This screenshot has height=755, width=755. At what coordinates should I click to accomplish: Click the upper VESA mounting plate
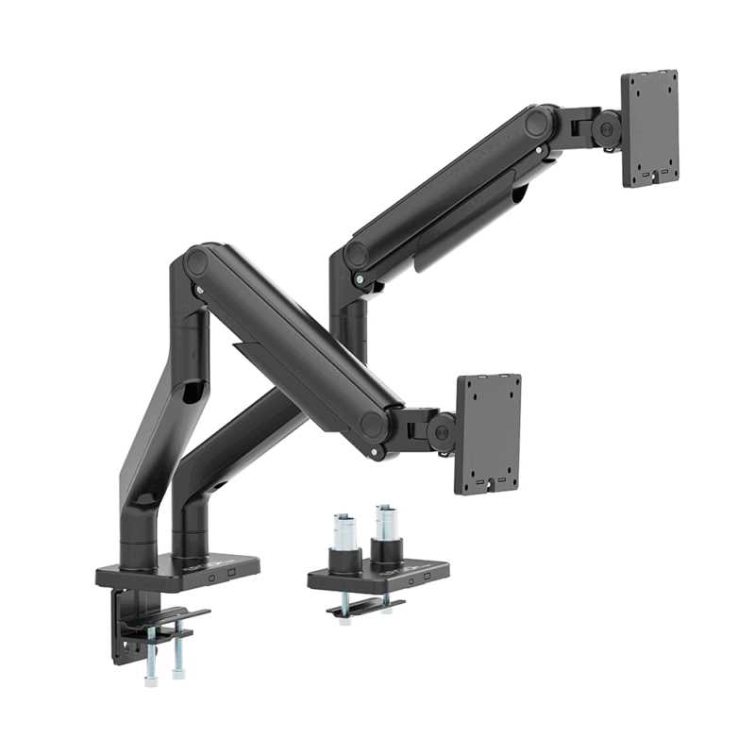(x=650, y=128)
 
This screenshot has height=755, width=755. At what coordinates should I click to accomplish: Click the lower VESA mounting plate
(x=489, y=433)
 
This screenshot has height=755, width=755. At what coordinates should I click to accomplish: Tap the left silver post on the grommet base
(x=344, y=529)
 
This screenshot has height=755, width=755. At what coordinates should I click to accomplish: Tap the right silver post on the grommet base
(x=385, y=524)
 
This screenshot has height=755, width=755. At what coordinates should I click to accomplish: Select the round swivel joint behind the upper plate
(x=608, y=128)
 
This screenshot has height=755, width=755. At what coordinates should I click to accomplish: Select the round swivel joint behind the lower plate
(x=440, y=431)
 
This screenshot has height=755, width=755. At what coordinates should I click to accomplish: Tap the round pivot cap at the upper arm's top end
(x=541, y=123)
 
